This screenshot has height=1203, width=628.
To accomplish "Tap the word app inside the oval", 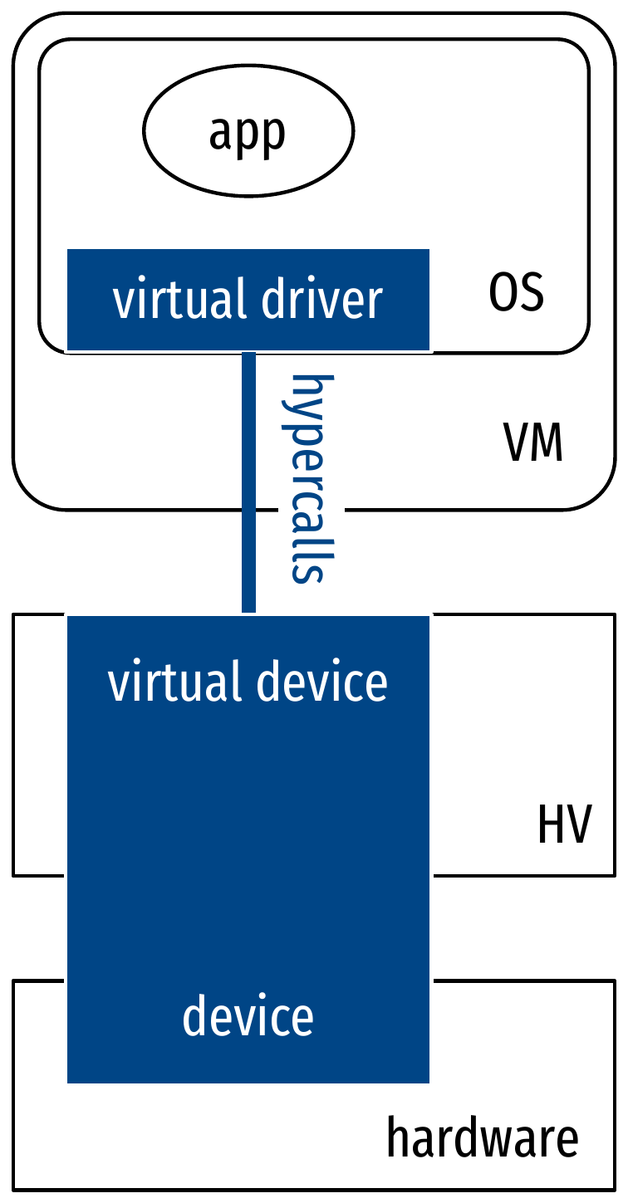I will (248, 133).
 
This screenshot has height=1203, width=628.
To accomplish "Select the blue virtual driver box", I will (248, 300).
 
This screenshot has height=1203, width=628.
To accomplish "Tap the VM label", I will (534, 444).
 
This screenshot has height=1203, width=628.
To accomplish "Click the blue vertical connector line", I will (248, 482).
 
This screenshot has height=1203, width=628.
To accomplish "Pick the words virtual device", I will (248, 682).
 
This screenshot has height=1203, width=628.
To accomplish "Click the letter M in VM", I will (547, 444).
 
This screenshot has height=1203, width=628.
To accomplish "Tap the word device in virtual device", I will (321, 682).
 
